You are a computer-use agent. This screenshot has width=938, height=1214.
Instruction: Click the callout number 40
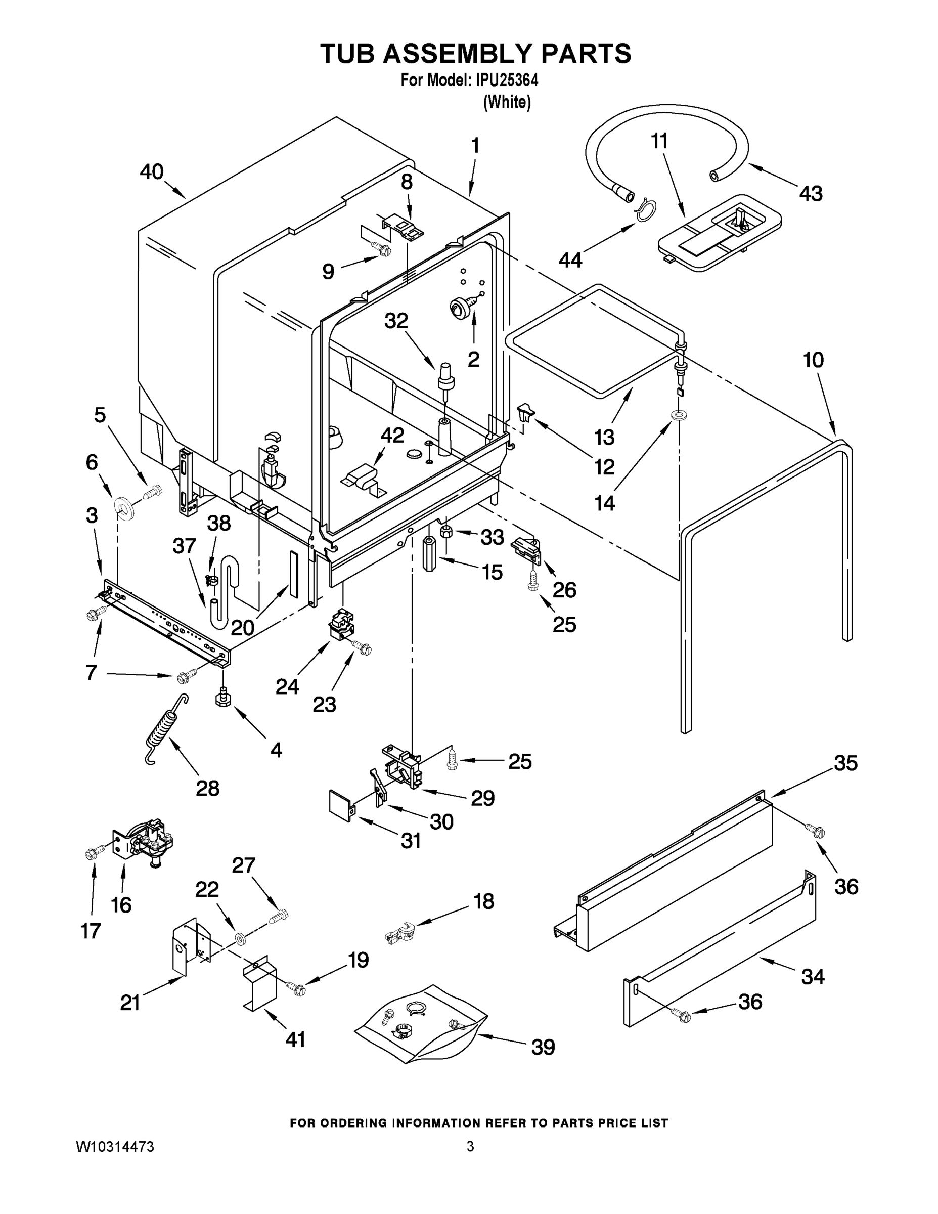(151, 172)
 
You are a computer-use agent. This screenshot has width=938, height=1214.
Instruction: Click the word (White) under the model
(507, 102)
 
